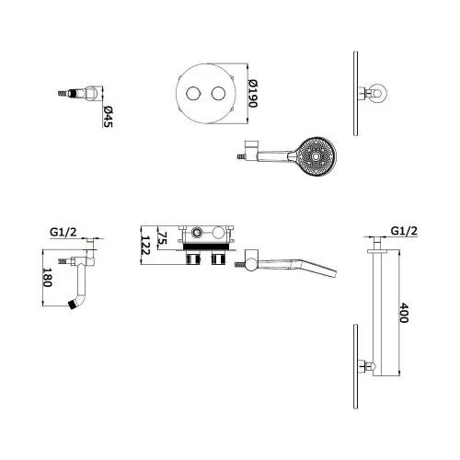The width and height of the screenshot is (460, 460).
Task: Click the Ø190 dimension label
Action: point(253,94)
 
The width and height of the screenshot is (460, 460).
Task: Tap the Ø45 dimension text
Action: point(108,116)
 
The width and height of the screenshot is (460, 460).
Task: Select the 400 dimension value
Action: point(404,313)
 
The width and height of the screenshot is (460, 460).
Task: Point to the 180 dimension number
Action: point(47,277)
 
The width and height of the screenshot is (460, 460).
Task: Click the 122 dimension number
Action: point(145,245)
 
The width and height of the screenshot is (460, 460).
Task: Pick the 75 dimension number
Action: point(162,237)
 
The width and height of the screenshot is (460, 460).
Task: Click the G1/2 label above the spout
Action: point(63,232)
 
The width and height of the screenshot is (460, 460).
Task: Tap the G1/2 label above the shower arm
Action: point(404,231)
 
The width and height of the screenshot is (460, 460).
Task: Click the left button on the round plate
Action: point(194,93)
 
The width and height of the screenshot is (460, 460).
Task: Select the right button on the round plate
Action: point(219,93)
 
